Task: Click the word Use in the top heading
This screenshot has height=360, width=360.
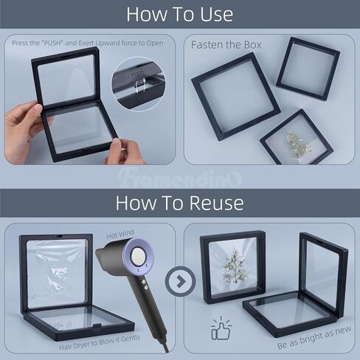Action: (216, 15)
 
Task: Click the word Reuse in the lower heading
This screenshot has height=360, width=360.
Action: (216, 203)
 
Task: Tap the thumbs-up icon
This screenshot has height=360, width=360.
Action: (221, 328)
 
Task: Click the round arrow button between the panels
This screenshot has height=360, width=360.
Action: (181, 281)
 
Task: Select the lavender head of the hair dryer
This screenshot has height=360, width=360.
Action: (138, 256)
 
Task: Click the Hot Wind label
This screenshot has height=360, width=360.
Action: (120, 234)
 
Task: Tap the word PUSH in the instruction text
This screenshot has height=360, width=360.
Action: (52, 43)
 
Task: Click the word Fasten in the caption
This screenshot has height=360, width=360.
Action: (206, 45)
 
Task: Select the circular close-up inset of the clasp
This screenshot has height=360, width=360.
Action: (139, 84)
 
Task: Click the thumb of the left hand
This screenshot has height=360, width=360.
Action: (35, 109)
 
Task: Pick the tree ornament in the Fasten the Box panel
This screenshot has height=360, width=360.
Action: (297, 145)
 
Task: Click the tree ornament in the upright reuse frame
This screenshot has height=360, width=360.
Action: (234, 267)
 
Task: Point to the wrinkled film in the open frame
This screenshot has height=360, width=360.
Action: (57, 273)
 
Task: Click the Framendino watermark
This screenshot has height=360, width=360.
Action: (179, 179)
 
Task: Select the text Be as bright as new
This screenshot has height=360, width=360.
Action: (314, 338)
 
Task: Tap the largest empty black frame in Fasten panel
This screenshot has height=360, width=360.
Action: (235, 97)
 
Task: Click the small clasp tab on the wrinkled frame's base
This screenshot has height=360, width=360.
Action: (96, 325)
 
